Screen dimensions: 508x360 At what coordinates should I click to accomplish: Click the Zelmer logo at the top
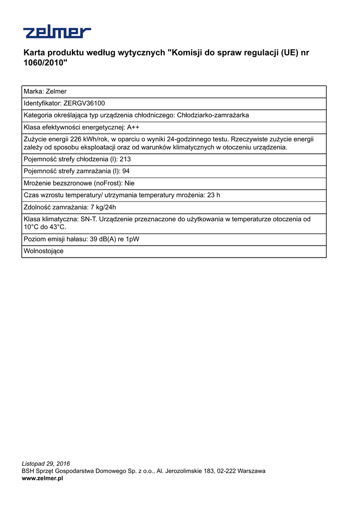(x=57, y=32)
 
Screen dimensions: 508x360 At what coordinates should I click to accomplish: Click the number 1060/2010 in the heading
(x=45, y=63)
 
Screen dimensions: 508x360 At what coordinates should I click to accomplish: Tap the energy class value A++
(x=133, y=127)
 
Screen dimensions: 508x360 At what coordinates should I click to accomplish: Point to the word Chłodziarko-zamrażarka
(x=213, y=115)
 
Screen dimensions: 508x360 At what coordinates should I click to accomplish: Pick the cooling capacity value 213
(x=125, y=159)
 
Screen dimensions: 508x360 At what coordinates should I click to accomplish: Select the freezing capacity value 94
(x=126, y=171)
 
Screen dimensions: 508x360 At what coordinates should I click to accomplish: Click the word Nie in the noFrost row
(x=130, y=183)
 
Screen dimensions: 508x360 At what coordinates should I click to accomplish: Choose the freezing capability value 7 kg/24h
(x=103, y=207)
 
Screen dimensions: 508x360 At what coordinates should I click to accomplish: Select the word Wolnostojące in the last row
(x=44, y=251)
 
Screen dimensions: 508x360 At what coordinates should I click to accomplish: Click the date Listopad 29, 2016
(x=46, y=464)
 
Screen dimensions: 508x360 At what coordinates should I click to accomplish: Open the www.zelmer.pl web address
(x=42, y=478)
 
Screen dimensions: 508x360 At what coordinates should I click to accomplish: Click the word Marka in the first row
(x=33, y=91)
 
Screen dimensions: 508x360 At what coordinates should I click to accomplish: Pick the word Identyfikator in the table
(x=42, y=103)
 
